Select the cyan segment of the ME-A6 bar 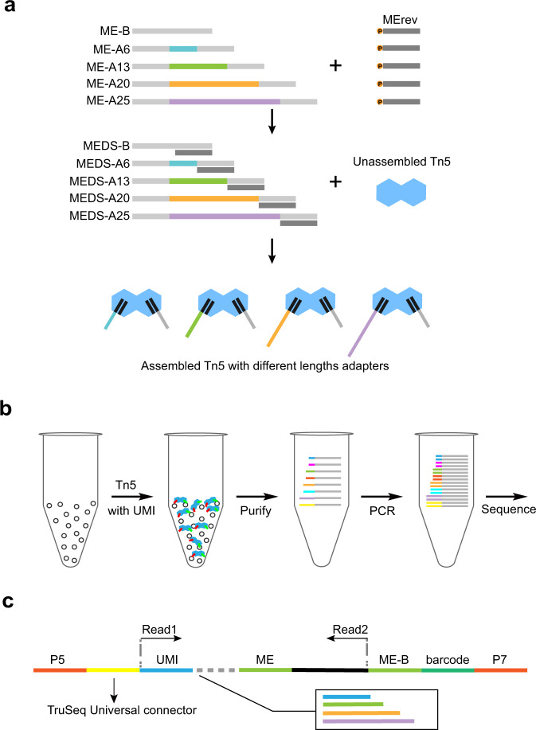[182, 49]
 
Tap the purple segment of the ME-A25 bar [224, 101]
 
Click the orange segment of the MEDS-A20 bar [213, 198]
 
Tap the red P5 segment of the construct [60, 670]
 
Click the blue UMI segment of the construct [166, 670]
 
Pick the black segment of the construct [329, 670]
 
